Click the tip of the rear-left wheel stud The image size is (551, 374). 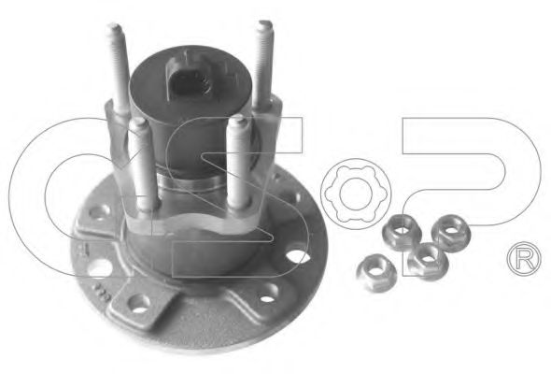point(115,27)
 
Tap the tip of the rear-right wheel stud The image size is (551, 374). point(264,24)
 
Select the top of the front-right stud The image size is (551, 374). point(239,120)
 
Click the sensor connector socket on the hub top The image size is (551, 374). point(191,78)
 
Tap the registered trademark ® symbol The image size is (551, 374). point(524,259)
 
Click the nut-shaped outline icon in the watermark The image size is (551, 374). point(356,194)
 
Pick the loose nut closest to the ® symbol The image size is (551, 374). point(451,232)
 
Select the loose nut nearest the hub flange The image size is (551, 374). point(376,273)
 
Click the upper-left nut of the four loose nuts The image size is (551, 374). point(402,232)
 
